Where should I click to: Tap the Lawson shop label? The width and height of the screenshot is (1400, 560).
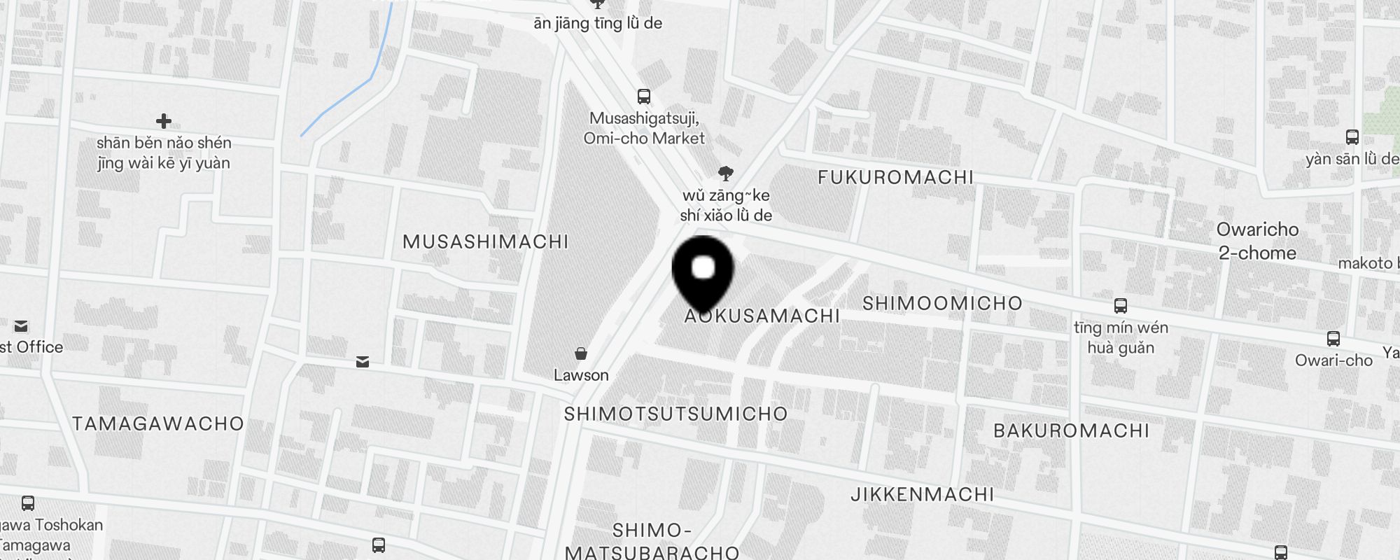pyautogui.click(x=581, y=375)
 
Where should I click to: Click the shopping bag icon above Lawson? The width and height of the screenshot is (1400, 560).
pyautogui.click(x=581, y=353)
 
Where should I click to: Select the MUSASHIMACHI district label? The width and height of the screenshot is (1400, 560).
pyautogui.click(x=485, y=242)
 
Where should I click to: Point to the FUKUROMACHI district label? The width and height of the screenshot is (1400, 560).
pyautogui.click(x=895, y=178)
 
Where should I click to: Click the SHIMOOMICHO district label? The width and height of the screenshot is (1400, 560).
pyautogui.click(x=942, y=304)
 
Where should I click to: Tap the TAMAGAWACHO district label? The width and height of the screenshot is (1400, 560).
pyautogui.click(x=158, y=424)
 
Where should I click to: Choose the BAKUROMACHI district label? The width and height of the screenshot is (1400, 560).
pyautogui.click(x=1071, y=430)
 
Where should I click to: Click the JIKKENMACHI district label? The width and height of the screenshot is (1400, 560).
pyautogui.click(x=922, y=495)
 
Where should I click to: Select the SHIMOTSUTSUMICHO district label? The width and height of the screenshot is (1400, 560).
pyautogui.click(x=675, y=414)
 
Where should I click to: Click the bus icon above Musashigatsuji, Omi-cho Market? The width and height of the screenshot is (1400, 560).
pyautogui.click(x=644, y=97)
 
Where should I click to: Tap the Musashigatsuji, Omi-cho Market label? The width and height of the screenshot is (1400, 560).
pyautogui.click(x=644, y=128)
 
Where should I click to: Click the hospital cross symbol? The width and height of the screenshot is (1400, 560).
pyautogui.click(x=164, y=122)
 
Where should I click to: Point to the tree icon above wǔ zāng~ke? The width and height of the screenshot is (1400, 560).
pyautogui.click(x=726, y=174)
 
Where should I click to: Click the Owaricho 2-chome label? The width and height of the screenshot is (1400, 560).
pyautogui.click(x=1257, y=241)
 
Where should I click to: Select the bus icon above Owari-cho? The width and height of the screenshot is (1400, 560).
pyautogui.click(x=1333, y=339)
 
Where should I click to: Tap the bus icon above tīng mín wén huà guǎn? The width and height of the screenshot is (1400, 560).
pyautogui.click(x=1121, y=306)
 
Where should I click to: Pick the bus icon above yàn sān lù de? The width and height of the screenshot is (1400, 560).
pyautogui.click(x=1352, y=138)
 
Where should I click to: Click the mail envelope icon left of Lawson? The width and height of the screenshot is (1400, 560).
pyautogui.click(x=363, y=362)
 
